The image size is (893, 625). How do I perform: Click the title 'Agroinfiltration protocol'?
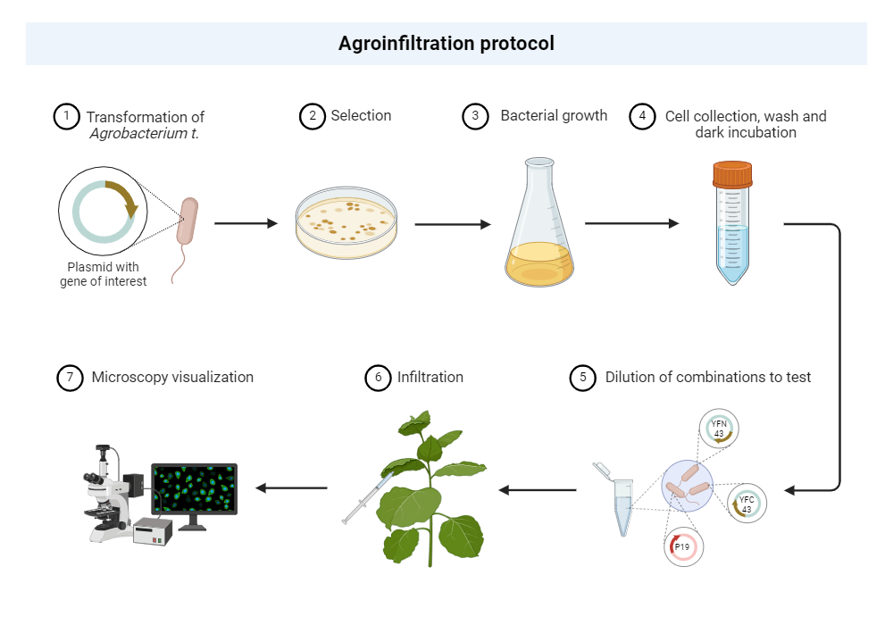(446, 43)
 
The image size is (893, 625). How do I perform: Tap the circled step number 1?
(66, 117)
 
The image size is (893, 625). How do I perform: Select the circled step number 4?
(642, 117)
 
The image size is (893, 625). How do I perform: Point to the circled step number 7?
(70, 378)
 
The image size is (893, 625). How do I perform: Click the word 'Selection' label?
(361, 116)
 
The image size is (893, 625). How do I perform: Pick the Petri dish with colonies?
(347, 222)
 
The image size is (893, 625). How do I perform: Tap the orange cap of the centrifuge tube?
(732, 173)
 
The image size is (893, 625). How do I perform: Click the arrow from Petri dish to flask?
(452, 224)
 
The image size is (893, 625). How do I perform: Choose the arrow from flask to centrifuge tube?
(630, 223)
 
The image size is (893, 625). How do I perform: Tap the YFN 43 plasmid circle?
(719, 428)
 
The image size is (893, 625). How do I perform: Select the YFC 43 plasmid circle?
(747, 504)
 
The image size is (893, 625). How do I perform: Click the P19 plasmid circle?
(683, 547)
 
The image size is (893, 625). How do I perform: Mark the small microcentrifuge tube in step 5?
(622, 504)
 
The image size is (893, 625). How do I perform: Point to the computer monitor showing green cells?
(194, 494)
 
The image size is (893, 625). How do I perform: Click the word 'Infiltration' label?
(430, 377)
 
